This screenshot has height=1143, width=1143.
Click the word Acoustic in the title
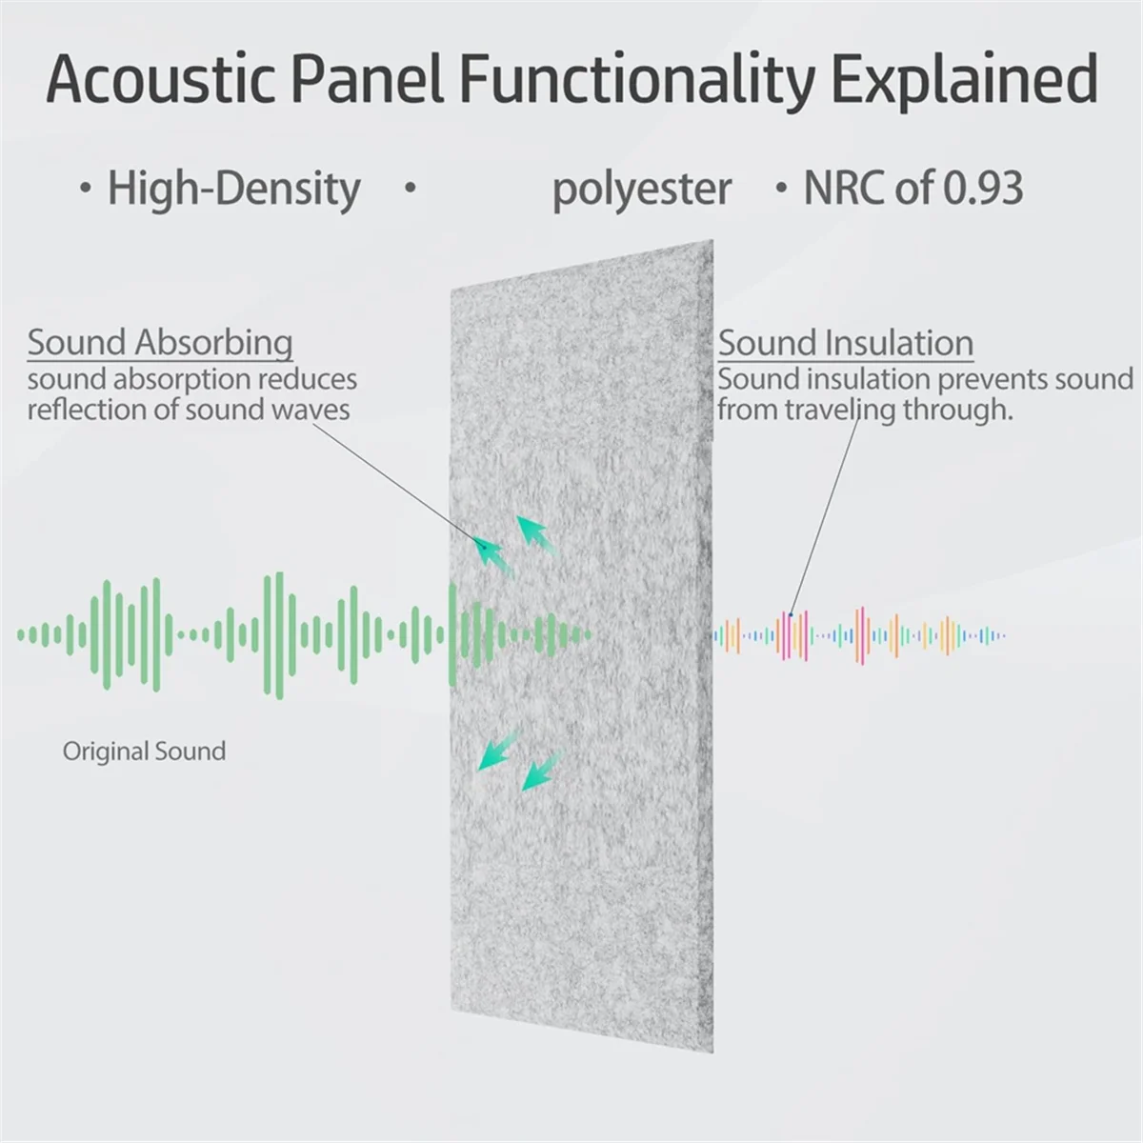coord(160,79)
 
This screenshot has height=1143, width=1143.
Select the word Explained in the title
coord(965,83)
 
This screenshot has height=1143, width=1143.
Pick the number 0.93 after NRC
coord(983,188)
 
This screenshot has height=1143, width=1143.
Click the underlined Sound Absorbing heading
coord(160,344)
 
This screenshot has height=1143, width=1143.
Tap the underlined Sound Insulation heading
coord(846,344)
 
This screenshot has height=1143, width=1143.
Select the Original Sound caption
coord(144,751)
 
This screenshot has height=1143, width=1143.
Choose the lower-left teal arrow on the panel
coord(499,750)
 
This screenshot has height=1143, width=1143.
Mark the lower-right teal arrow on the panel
coord(542,770)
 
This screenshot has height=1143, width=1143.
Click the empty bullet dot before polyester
coord(410,188)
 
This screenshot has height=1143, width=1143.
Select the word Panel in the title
coord(367,80)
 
